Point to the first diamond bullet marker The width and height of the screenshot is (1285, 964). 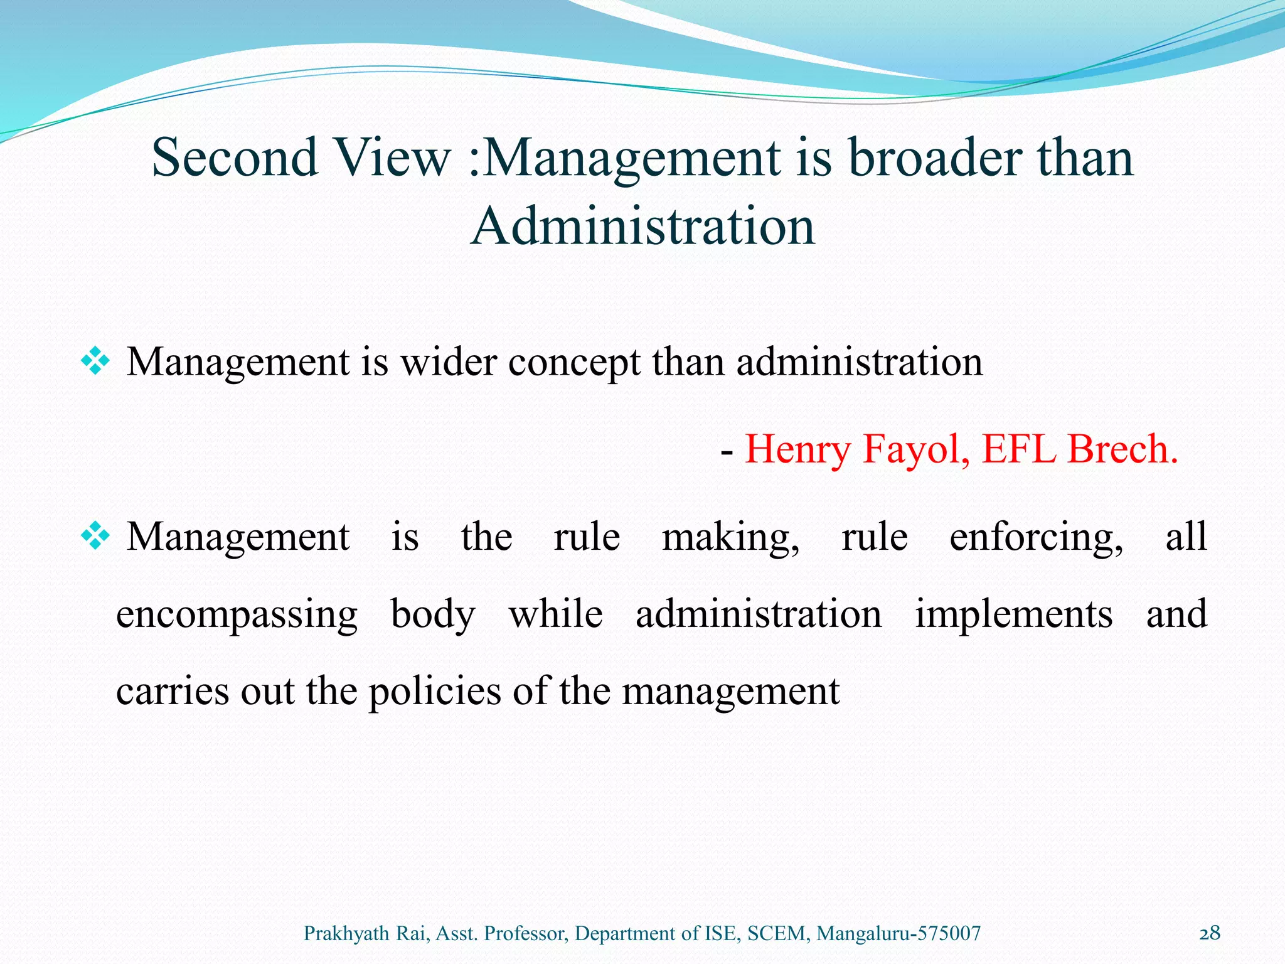point(95,362)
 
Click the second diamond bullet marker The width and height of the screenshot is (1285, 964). point(95,537)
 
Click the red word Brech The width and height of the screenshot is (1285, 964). point(1122,449)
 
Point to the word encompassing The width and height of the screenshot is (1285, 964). point(237,615)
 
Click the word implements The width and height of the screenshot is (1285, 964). point(1013,614)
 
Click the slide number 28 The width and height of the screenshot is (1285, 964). point(1210,933)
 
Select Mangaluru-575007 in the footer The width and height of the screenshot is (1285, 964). point(898,934)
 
